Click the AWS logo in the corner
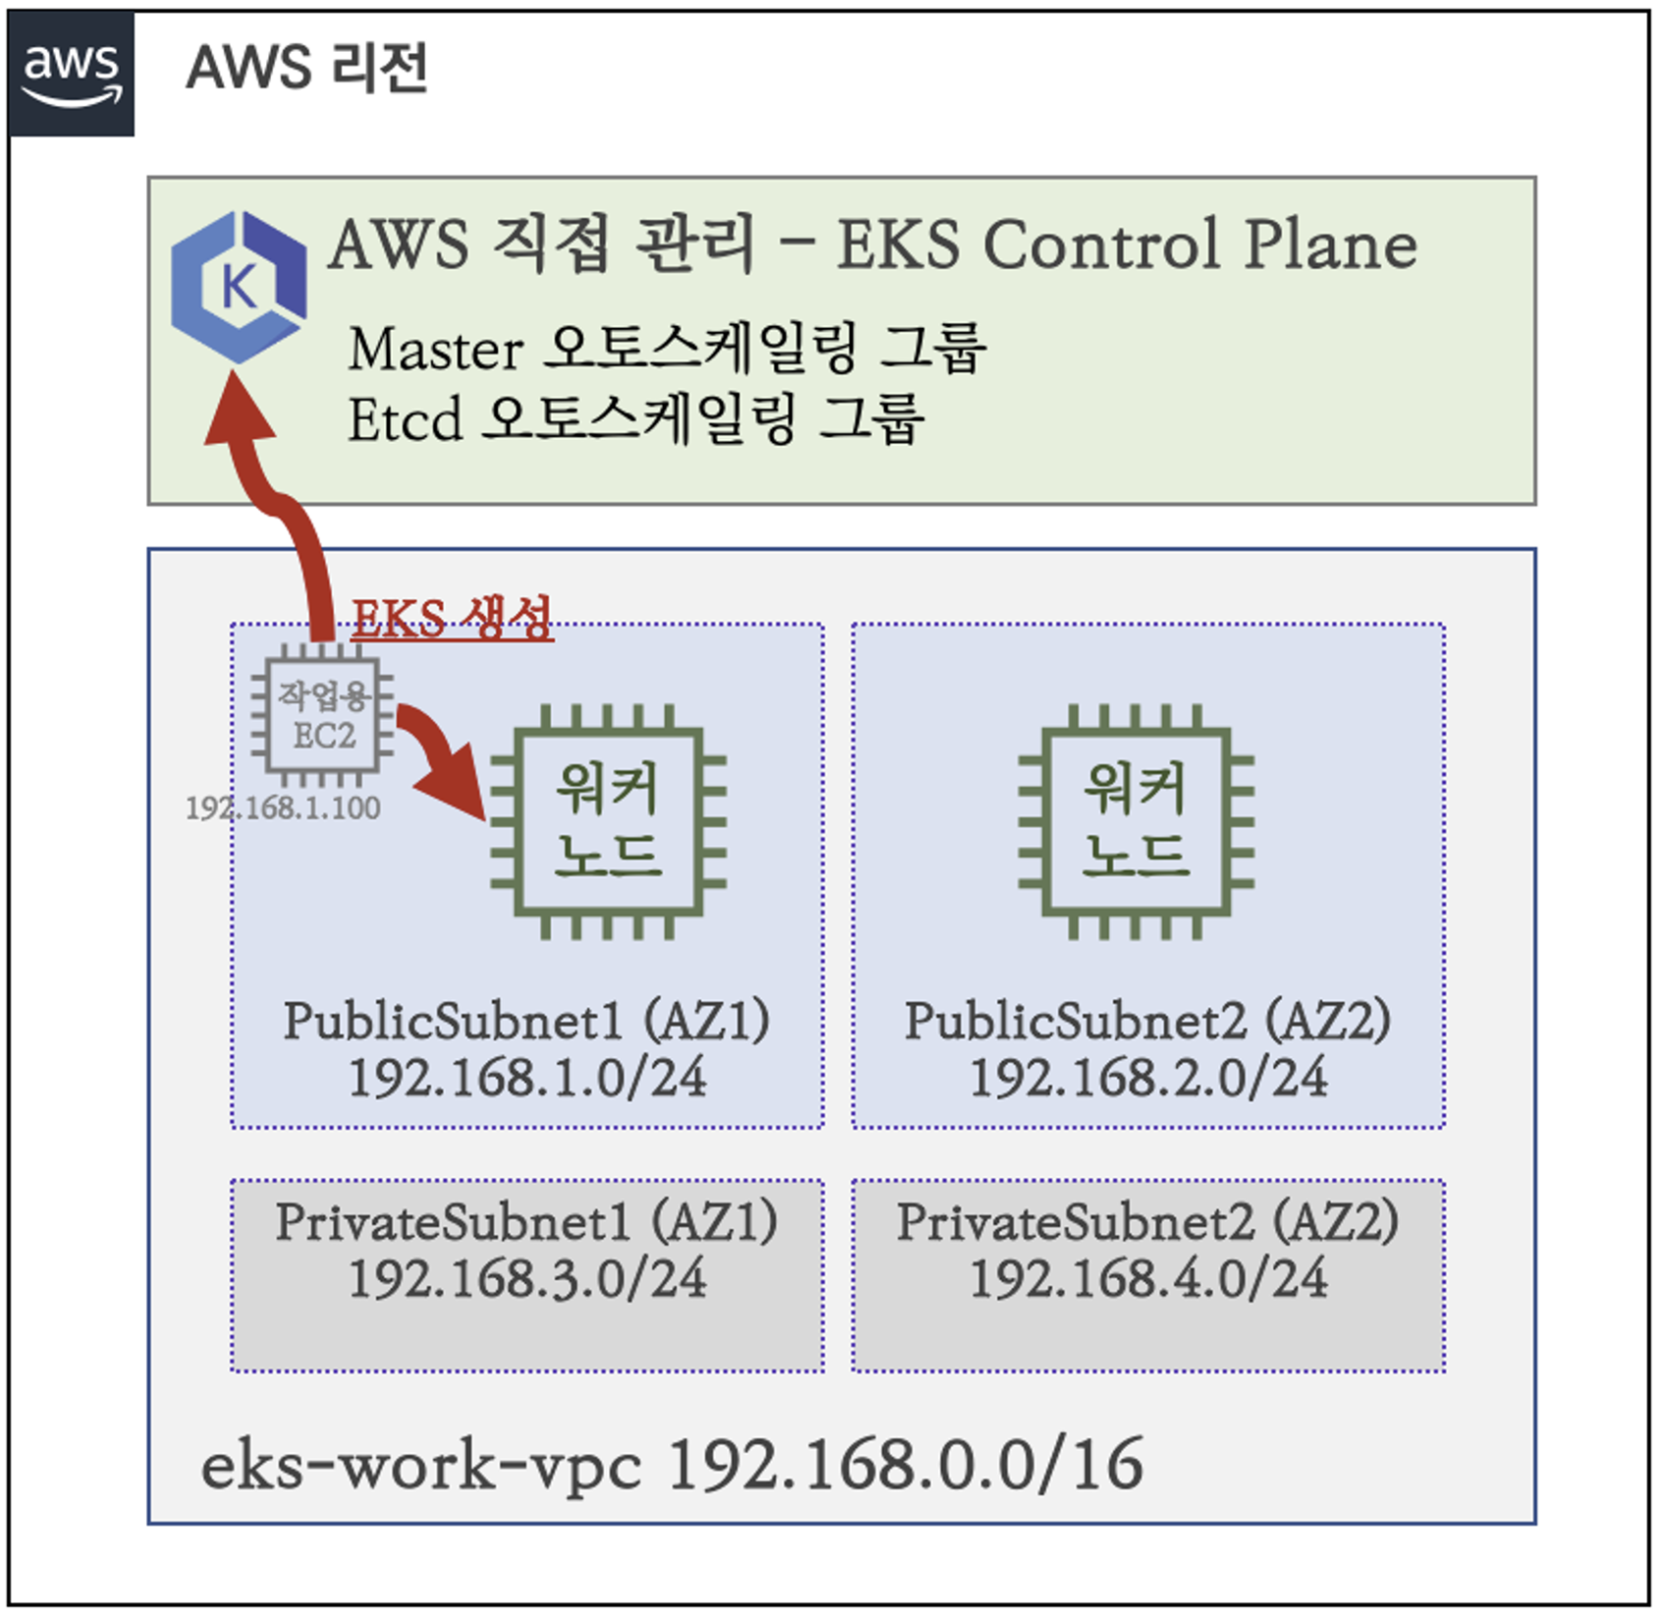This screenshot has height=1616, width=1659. (x=72, y=73)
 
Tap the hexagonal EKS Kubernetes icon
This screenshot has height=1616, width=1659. (x=238, y=287)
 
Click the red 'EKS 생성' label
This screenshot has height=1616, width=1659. (x=452, y=619)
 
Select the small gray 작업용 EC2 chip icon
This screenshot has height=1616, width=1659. (x=323, y=715)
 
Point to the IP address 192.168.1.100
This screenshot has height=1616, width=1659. (x=283, y=808)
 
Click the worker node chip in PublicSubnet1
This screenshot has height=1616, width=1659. (x=609, y=821)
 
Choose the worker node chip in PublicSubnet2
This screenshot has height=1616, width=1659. (x=1136, y=821)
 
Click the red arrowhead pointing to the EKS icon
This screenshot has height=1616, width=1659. (x=239, y=412)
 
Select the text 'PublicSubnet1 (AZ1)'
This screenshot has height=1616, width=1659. (x=527, y=1021)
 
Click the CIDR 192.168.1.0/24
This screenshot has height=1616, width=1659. (x=527, y=1078)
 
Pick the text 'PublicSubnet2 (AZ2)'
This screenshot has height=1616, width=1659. (x=1148, y=1021)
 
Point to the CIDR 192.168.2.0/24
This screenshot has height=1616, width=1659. (x=1148, y=1078)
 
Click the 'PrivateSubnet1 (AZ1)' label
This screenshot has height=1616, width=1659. (x=527, y=1222)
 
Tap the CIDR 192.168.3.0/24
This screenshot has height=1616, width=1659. (x=527, y=1279)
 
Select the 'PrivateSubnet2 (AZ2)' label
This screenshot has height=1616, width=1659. (x=1148, y=1222)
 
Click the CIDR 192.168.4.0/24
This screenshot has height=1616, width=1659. (x=1148, y=1279)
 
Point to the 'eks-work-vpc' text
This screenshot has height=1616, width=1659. (x=422, y=1466)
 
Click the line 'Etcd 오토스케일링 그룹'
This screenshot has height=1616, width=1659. (x=636, y=419)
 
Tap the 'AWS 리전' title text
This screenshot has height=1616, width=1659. (x=307, y=68)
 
